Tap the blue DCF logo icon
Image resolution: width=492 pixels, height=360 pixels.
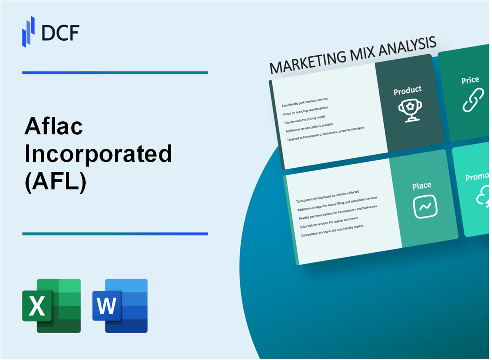coord(29,31)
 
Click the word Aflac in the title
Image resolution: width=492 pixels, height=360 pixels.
coord(53,128)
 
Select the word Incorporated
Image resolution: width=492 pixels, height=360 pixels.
coord(98,154)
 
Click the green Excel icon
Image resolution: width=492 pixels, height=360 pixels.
coord(51,305)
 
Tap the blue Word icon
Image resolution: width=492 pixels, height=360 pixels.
coord(120,305)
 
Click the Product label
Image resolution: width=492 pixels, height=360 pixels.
coord(407,90)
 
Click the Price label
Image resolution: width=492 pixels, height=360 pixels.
coord(470,80)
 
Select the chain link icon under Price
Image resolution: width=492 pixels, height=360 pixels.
coord(473,100)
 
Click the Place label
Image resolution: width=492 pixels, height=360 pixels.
coord(422,185)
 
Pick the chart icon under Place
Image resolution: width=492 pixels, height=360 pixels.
coord(425,207)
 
